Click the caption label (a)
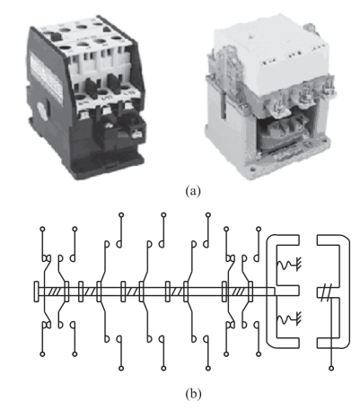[193, 190]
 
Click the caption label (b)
[193, 394]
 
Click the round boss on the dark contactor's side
[42, 110]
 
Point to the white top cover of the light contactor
[272, 52]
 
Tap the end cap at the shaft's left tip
[36, 292]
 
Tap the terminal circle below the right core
[331, 368]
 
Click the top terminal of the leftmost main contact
[121, 214]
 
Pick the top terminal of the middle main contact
[163, 214]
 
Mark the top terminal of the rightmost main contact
[208, 214]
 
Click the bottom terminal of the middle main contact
[163, 368]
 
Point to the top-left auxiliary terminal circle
[42, 229]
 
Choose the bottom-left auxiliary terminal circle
[42, 354]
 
